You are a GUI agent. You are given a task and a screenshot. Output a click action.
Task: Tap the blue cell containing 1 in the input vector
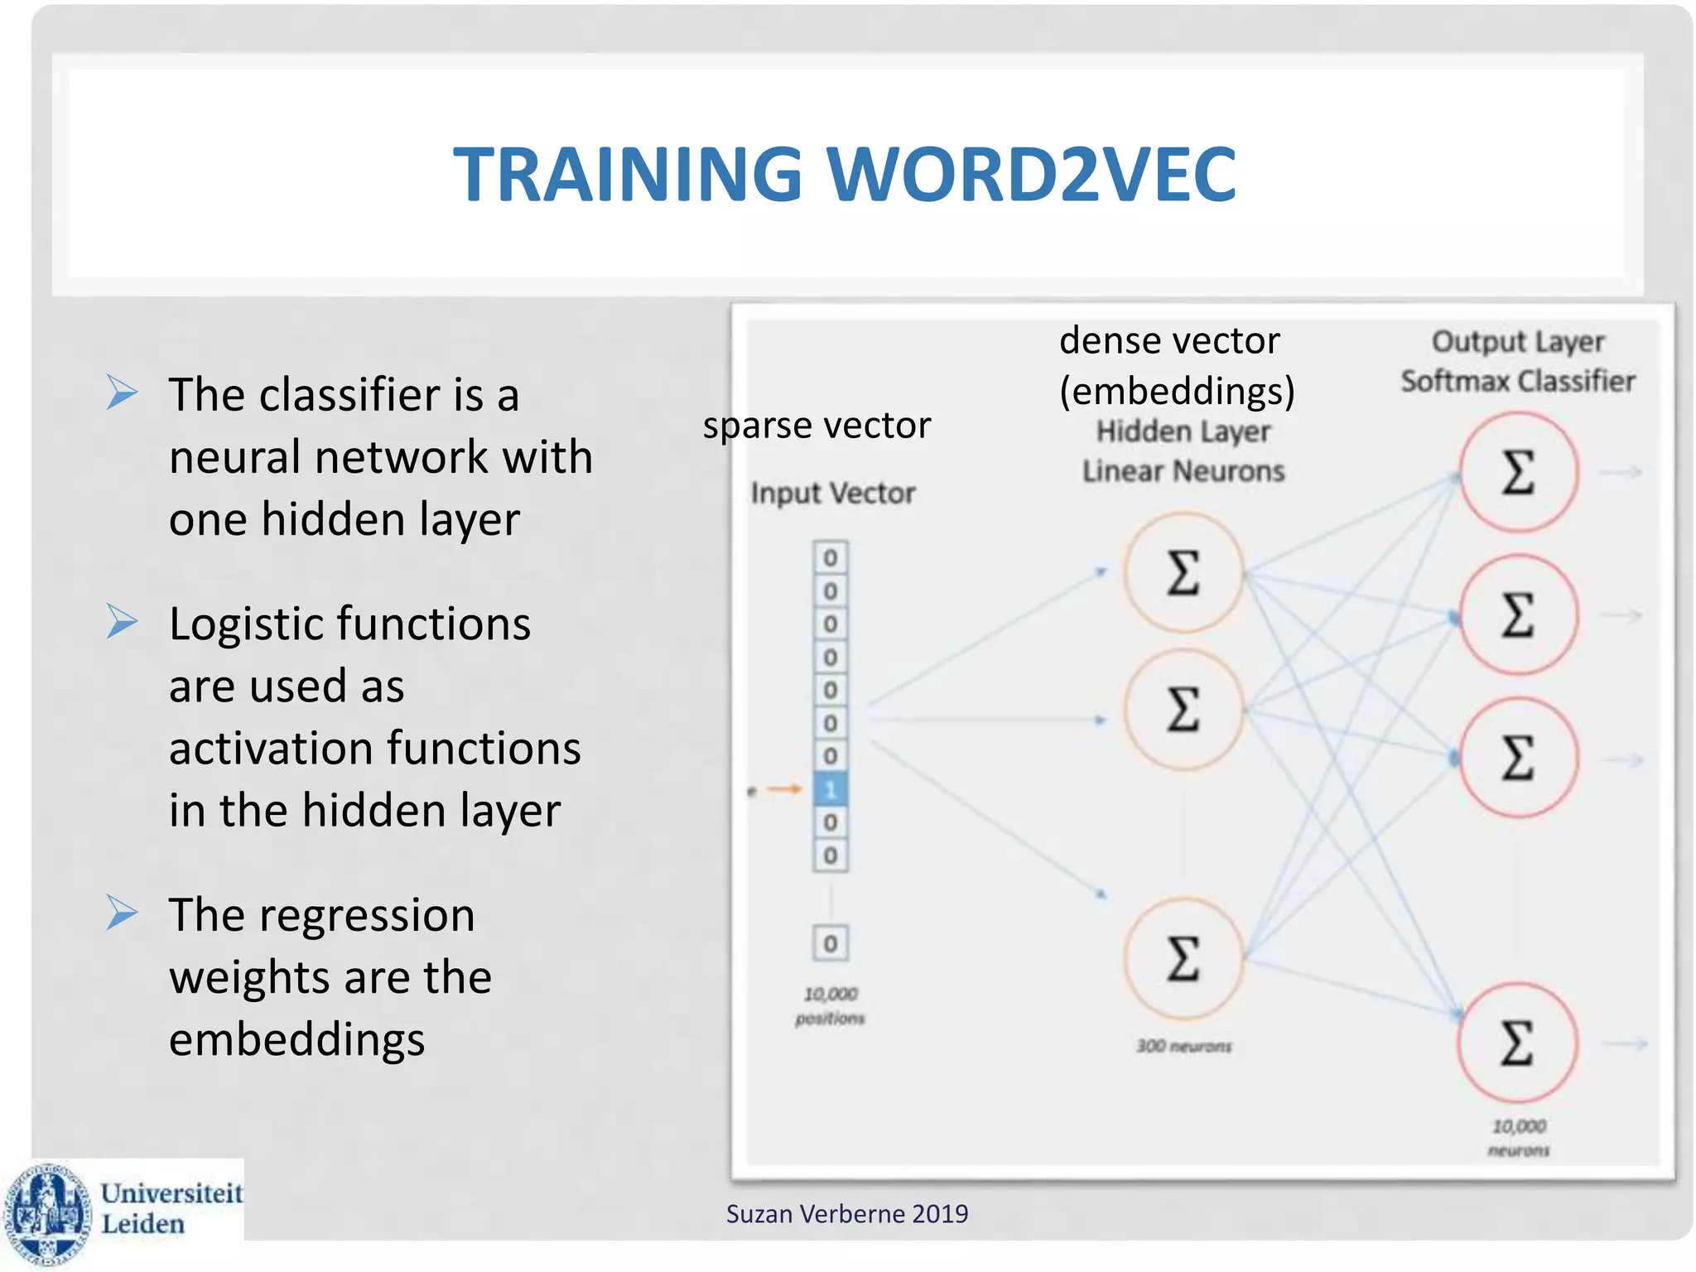(830, 789)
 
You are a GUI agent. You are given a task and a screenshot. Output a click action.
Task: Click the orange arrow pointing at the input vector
(783, 789)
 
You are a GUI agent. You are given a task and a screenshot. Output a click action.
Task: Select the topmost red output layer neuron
(1518, 472)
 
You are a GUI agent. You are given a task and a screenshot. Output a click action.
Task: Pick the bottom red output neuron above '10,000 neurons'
(1518, 1043)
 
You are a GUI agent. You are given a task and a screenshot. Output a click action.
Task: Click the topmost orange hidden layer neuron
(1183, 572)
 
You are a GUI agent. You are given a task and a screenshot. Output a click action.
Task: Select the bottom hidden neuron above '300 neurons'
(1183, 958)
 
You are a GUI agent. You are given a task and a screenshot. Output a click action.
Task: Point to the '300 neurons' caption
(1183, 1046)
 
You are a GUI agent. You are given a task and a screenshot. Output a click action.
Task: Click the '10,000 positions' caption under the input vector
(830, 1005)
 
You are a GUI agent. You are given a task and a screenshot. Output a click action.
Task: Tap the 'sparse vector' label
(817, 426)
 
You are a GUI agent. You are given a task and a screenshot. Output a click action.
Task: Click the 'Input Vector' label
(832, 493)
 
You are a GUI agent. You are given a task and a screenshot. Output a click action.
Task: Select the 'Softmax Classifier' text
(1517, 381)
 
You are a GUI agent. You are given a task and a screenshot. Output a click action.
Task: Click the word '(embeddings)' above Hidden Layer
(1177, 391)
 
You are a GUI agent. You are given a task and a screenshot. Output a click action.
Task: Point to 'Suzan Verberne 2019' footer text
(846, 1214)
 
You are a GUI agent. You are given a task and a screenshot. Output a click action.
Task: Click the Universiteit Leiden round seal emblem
(47, 1213)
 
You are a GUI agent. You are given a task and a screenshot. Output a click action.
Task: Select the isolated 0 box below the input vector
(830, 943)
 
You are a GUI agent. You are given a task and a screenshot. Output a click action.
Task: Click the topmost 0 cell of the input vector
(830, 558)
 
